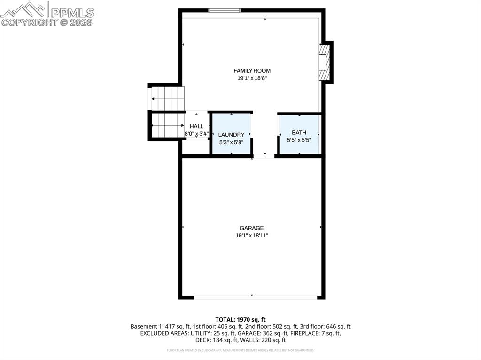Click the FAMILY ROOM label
252,71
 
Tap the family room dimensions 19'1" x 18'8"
252,79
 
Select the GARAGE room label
252,228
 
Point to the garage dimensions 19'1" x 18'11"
252,236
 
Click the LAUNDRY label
231,135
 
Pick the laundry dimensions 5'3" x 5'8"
231,142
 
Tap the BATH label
299,132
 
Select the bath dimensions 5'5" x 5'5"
299,140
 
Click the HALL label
196,126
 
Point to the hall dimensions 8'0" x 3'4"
196,134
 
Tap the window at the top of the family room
225,10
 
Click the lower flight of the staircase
167,125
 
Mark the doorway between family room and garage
264,155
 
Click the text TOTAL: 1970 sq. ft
240,319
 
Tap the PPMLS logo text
72,12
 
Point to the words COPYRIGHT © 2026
47,23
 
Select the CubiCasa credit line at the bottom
240,350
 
